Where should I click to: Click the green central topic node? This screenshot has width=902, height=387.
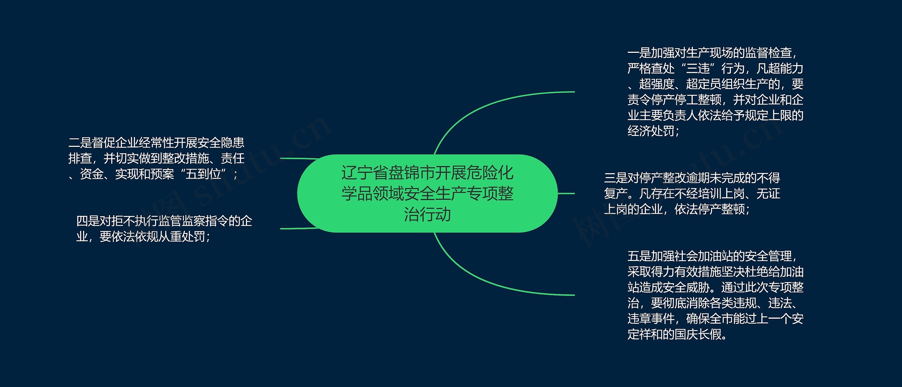point(427,193)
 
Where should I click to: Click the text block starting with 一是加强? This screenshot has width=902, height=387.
point(715,92)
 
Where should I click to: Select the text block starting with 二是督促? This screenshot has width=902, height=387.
point(156,158)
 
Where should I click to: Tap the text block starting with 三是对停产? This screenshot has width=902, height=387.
point(692,193)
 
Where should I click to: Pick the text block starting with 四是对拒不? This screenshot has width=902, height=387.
point(164,229)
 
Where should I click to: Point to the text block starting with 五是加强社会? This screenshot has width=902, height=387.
point(715,295)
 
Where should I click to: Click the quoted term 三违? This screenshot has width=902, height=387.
point(698,68)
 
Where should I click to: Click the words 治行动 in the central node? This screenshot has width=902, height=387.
point(427,214)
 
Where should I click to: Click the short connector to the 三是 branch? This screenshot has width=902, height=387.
point(566,193)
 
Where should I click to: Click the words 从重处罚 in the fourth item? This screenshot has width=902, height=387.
point(181,237)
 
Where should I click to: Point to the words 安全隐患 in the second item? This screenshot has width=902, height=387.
point(221,143)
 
